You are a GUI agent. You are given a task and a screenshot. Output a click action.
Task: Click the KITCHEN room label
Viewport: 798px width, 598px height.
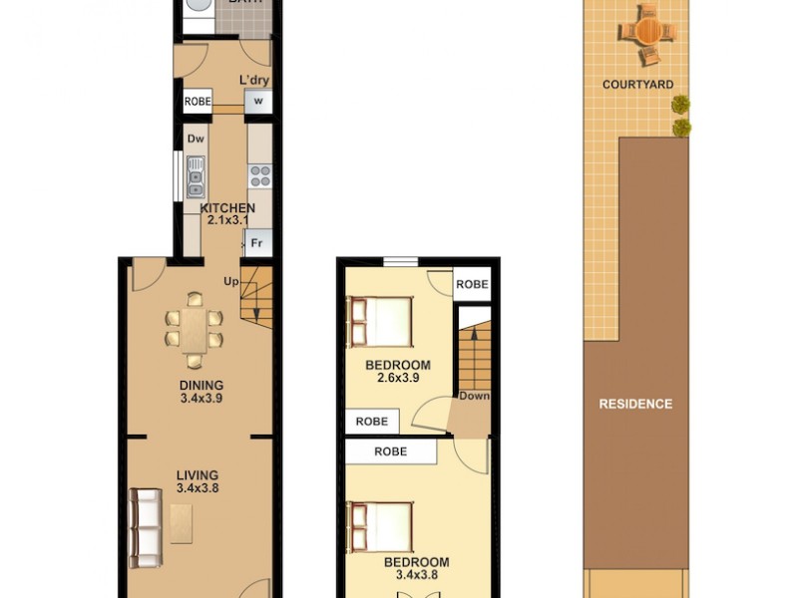pyautogui.click(x=227, y=208)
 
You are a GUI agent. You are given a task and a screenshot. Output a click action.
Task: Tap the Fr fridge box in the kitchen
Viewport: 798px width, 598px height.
pyautogui.click(x=256, y=242)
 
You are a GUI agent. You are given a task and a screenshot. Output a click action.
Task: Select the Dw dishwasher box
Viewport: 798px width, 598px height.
pyautogui.click(x=195, y=139)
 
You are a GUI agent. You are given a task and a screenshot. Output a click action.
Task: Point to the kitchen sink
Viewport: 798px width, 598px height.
pyautogui.click(x=196, y=176)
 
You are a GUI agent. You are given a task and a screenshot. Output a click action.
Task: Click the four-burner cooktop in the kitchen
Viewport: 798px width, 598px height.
pyautogui.click(x=259, y=176)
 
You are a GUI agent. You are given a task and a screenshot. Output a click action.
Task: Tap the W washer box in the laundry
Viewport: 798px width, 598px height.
pyautogui.click(x=258, y=101)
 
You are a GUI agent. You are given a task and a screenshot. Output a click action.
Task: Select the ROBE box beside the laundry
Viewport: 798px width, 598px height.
pyautogui.click(x=197, y=101)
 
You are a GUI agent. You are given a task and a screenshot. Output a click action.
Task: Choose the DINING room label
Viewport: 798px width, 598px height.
pyautogui.click(x=200, y=386)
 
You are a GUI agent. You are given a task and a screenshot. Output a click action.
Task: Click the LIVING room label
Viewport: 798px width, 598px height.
pyautogui.click(x=197, y=475)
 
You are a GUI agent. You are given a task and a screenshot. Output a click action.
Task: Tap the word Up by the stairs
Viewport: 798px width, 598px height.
pyautogui.click(x=231, y=281)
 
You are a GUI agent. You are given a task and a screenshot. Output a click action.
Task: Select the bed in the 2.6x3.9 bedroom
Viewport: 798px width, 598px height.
pyautogui.click(x=380, y=322)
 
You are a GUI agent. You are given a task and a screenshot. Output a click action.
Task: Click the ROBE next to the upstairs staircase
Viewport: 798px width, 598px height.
pyautogui.click(x=472, y=284)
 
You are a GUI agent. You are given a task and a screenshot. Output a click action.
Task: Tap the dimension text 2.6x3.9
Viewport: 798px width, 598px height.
pyautogui.click(x=397, y=378)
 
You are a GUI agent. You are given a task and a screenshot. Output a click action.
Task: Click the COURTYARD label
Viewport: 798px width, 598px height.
pyautogui.click(x=637, y=85)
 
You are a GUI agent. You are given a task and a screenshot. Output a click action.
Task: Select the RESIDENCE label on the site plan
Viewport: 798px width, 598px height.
pyautogui.click(x=635, y=404)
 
